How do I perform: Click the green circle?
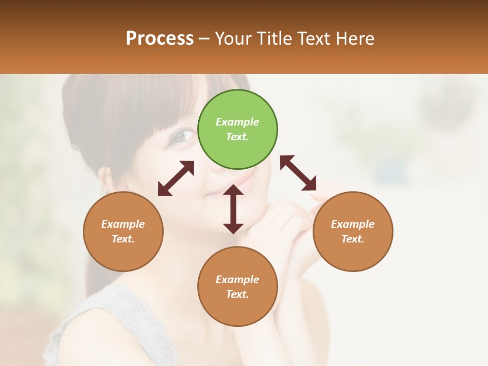pos(237,130)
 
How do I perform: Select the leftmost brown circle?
pos(123,231)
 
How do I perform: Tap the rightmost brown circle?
pos(353,231)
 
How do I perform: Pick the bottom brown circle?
pos(237,286)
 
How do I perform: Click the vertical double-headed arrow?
pos(233,209)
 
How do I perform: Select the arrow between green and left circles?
pos(176,178)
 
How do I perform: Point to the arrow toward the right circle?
pos(298,173)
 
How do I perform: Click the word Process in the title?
pos(160,39)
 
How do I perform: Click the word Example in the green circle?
pos(237,122)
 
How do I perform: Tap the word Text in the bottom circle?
pos(236,294)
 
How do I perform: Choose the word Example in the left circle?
pos(123,224)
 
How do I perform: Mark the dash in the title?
pos(204,39)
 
